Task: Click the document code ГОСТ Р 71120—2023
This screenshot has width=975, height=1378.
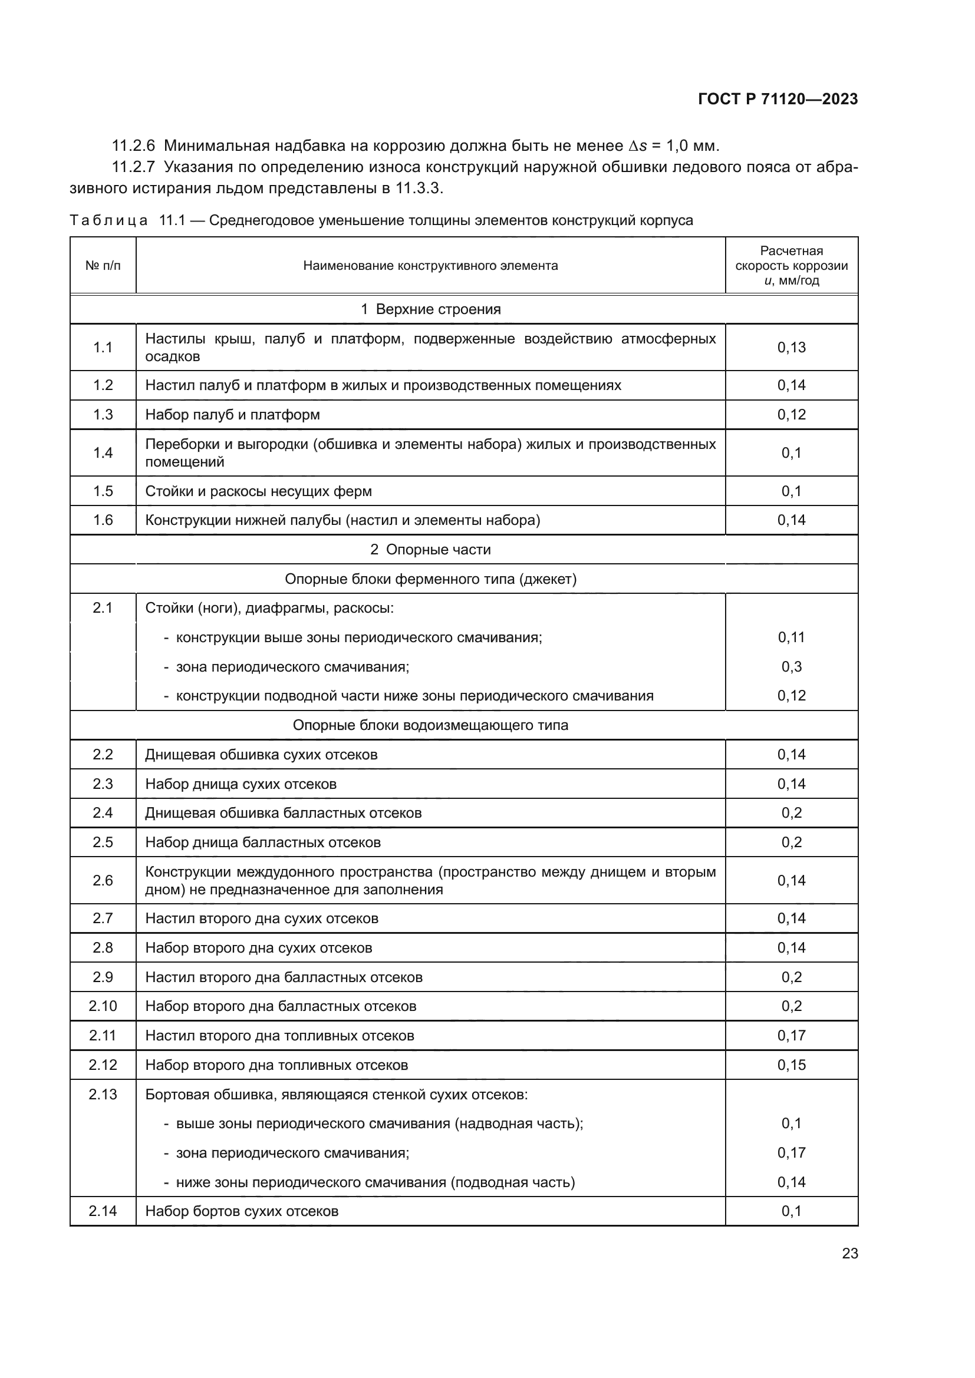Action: tap(778, 99)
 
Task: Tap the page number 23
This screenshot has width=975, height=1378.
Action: tap(849, 1253)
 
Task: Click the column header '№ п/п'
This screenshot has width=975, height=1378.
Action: tap(103, 265)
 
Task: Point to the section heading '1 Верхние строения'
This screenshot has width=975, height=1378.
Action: tap(430, 309)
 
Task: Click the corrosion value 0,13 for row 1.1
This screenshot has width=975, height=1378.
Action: tap(790, 347)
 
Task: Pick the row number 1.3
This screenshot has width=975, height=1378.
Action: tap(103, 415)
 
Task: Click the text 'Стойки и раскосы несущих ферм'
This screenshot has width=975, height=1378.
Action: tap(258, 491)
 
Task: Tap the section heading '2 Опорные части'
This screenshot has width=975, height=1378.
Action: tap(430, 549)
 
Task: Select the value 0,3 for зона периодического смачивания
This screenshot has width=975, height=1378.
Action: tap(790, 666)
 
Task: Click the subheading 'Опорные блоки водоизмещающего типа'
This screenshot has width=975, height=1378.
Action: tap(430, 725)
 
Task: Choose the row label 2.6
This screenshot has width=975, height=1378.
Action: tap(103, 880)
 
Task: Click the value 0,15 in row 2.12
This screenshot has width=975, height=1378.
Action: tap(790, 1065)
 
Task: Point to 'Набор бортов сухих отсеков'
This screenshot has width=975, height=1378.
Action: tap(241, 1211)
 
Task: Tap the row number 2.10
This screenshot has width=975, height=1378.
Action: tap(103, 1006)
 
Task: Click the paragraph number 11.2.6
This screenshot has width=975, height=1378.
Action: tap(133, 146)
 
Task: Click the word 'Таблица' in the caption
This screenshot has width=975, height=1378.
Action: tap(108, 220)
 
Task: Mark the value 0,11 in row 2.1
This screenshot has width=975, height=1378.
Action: tap(790, 637)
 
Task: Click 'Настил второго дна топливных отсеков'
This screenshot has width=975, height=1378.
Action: tap(279, 1035)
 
